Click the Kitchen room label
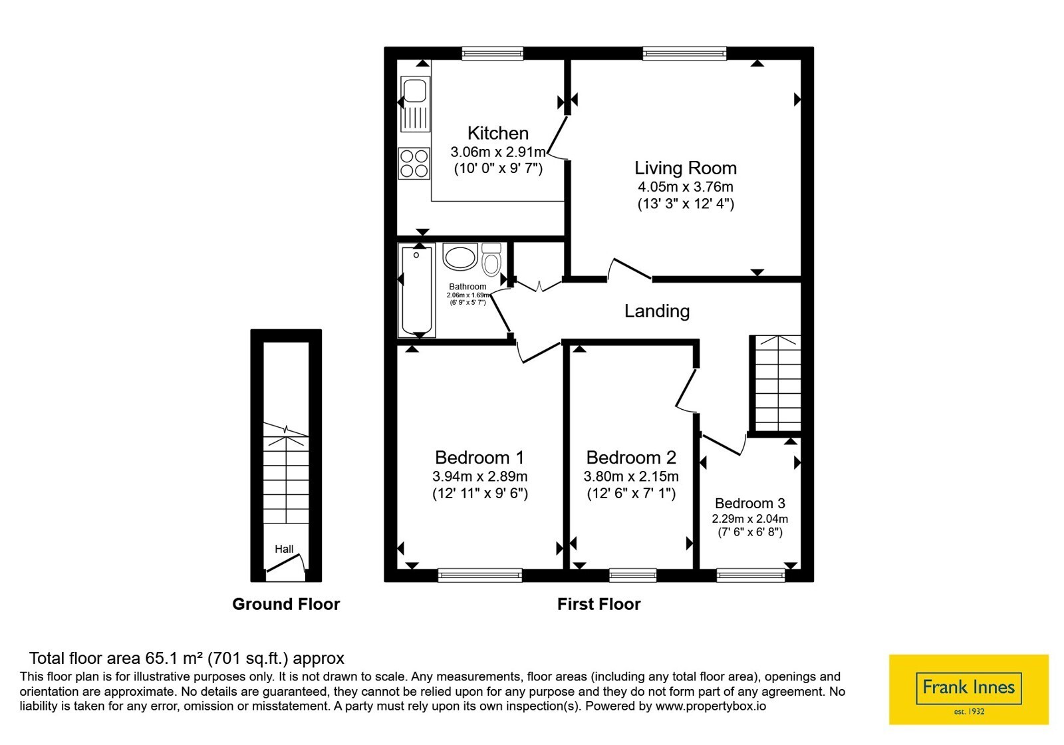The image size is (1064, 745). tap(498, 133)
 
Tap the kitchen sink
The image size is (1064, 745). tap(415, 104)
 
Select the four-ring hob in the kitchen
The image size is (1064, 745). tap(414, 163)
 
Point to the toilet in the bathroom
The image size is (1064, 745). tap(491, 259)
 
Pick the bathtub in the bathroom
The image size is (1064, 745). tap(416, 290)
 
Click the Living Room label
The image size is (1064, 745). tap(686, 168)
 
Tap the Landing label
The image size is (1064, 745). tap(657, 311)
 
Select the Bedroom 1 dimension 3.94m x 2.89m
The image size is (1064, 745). tap(479, 476)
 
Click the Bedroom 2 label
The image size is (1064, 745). tap(631, 458)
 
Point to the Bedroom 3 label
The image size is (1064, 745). tap(750, 503)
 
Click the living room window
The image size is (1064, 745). tap(684, 53)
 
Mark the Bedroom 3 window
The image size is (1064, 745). tap(751, 575)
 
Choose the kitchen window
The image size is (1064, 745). tap(493, 53)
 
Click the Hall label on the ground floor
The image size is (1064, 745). tap(284, 549)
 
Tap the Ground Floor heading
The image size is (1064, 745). tap(286, 604)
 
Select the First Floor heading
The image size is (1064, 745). tap(598, 604)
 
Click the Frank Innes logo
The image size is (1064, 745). tap(968, 689)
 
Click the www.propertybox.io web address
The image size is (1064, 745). tap(711, 706)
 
